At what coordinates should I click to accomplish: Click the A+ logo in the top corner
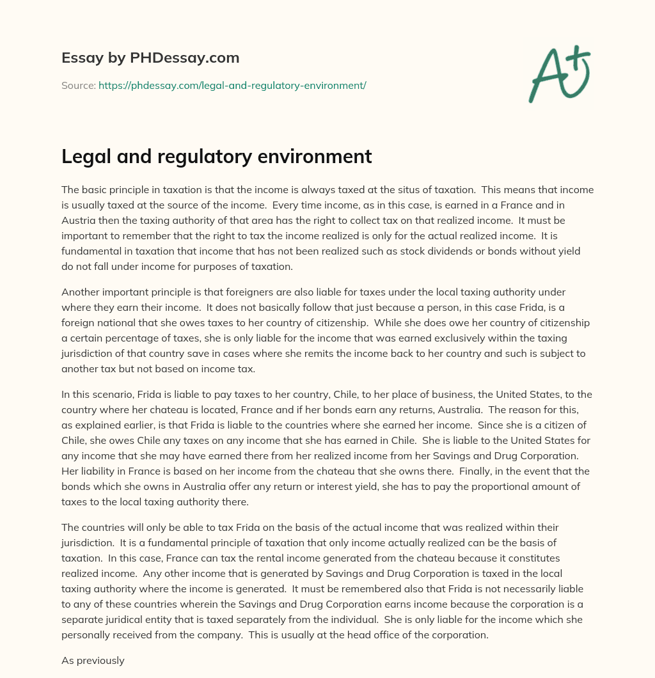[x=559, y=74]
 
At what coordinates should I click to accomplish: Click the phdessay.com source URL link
[x=232, y=85]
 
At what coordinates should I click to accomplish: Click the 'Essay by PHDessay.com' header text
[x=150, y=58]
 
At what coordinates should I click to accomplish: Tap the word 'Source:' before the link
[x=78, y=85]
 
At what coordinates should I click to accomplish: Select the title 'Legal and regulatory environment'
[x=216, y=156]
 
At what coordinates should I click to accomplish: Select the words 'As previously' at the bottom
[x=92, y=661]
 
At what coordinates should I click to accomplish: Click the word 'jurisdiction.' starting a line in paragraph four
[x=90, y=542]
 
